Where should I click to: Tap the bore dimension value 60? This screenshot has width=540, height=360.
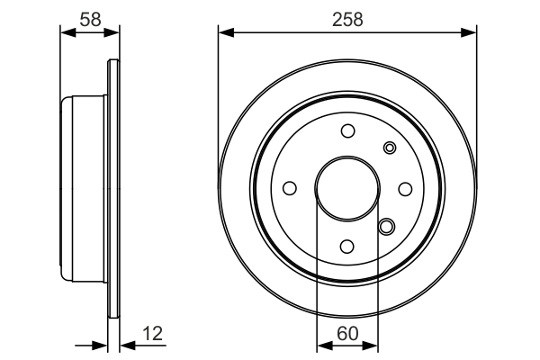pyautogui.click(x=347, y=333)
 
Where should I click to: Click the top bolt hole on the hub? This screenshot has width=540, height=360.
pyautogui.click(x=347, y=131)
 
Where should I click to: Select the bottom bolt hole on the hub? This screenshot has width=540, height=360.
pyautogui.click(x=347, y=246)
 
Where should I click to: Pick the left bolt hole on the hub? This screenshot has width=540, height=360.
pyautogui.click(x=290, y=188)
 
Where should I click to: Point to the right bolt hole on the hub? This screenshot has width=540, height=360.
pyautogui.click(x=405, y=188)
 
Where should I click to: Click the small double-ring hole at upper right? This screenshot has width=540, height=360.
pyautogui.click(x=389, y=148)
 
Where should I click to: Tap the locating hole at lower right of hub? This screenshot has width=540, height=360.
pyautogui.click(x=386, y=227)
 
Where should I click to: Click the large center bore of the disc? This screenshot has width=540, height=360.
pyautogui.click(x=347, y=188)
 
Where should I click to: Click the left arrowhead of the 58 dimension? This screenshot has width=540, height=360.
pyautogui.click(x=66, y=33)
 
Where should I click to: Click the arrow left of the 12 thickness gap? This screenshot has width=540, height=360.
pyautogui.click(x=100, y=345)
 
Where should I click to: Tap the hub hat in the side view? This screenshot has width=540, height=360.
pyautogui.click(x=83, y=188)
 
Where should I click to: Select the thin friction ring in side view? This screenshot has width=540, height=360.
pyautogui.click(x=112, y=188)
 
